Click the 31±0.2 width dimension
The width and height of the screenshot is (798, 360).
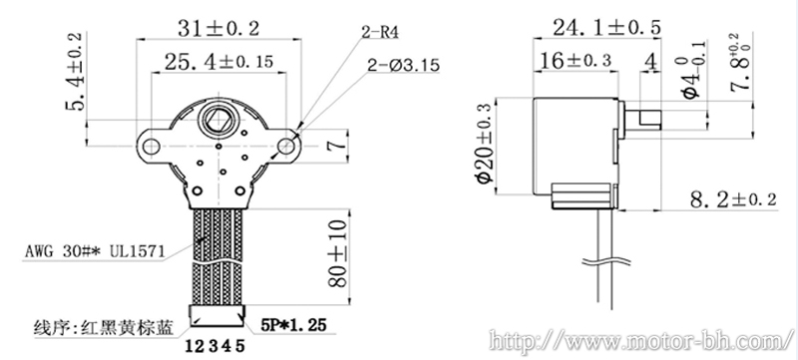(x=217, y=28)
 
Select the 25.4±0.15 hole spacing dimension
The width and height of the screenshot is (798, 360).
(x=218, y=62)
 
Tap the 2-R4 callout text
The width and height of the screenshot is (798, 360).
(x=380, y=34)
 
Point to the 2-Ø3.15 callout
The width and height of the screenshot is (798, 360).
(x=402, y=66)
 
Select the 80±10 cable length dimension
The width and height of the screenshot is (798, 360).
(x=338, y=253)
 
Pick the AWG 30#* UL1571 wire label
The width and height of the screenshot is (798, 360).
(x=94, y=251)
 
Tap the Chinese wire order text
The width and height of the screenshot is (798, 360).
(x=104, y=325)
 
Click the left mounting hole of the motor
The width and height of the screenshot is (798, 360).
(x=152, y=147)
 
